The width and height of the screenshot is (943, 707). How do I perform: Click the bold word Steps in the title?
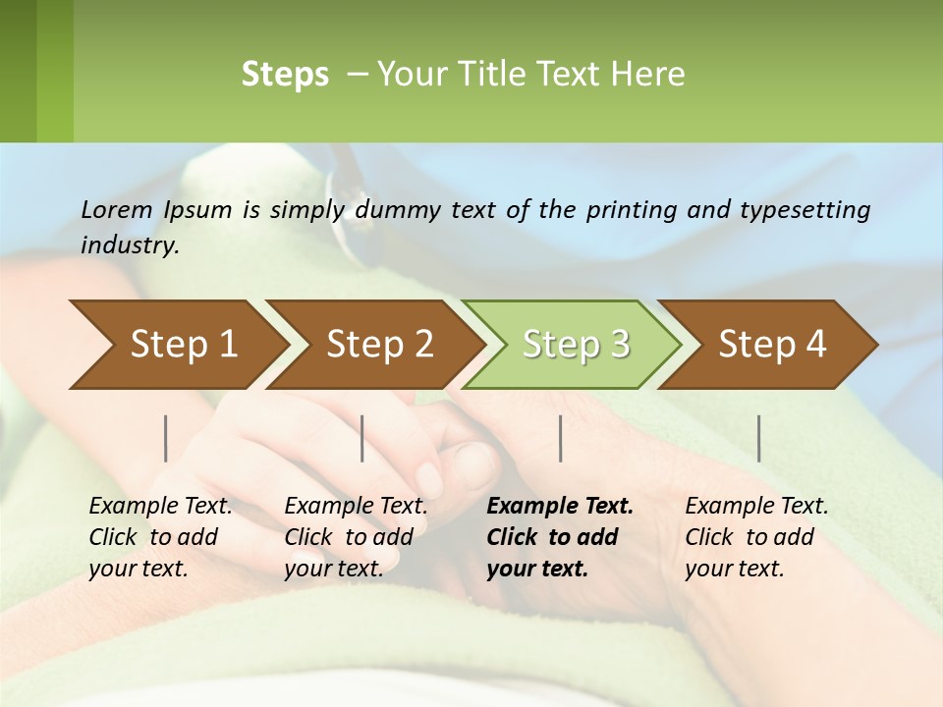pyautogui.click(x=285, y=75)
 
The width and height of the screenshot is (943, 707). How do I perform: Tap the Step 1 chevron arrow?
pyautogui.click(x=183, y=345)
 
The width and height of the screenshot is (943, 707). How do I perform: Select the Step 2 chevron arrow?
pyautogui.click(x=379, y=345)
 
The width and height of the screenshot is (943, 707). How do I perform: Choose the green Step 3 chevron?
pyautogui.click(x=576, y=345)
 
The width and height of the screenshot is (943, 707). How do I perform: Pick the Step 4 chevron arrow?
pyautogui.click(x=772, y=345)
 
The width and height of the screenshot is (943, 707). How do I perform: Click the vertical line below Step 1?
pyautogui.click(x=166, y=438)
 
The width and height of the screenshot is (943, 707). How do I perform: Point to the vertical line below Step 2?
pyautogui.click(x=362, y=438)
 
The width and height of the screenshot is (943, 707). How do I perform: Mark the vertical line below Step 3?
pyautogui.click(x=561, y=438)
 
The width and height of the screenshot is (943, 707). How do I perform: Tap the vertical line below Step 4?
pyautogui.click(x=759, y=438)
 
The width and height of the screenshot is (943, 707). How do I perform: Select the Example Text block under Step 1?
pyautogui.click(x=160, y=537)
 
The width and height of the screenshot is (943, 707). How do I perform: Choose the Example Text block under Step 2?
pyautogui.click(x=356, y=537)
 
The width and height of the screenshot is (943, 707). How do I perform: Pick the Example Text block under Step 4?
pyautogui.click(x=756, y=537)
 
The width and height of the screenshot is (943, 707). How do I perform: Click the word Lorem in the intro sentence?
pyautogui.click(x=116, y=209)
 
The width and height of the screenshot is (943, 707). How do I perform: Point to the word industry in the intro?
pyautogui.click(x=129, y=245)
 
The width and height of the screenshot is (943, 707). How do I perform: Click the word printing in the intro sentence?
pyautogui.click(x=631, y=210)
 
